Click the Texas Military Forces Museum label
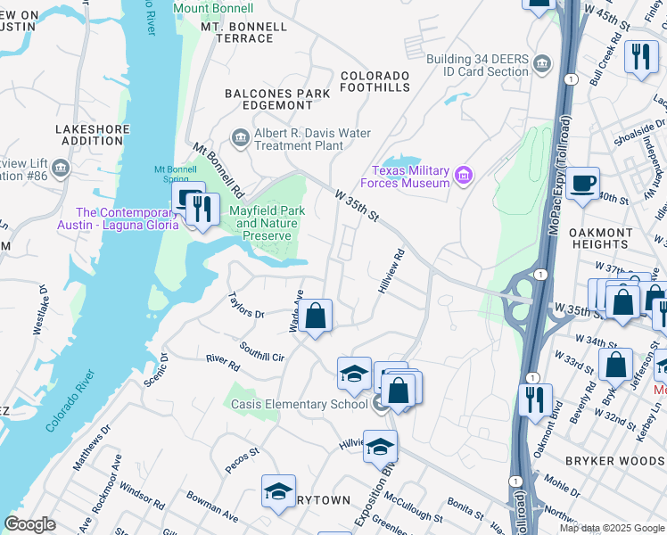click(x=411, y=177)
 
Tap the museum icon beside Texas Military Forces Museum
click(x=462, y=176)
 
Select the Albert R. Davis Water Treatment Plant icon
click(x=240, y=136)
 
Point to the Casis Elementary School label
click(x=299, y=404)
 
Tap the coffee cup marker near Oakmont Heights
click(x=582, y=183)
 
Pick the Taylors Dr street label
click(x=246, y=307)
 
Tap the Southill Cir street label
click(x=261, y=351)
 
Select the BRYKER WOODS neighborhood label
click(x=615, y=460)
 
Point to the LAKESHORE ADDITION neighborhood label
click(x=93, y=136)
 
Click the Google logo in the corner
click(x=30, y=524)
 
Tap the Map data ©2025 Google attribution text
click(x=611, y=528)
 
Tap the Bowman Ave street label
click(x=212, y=506)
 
